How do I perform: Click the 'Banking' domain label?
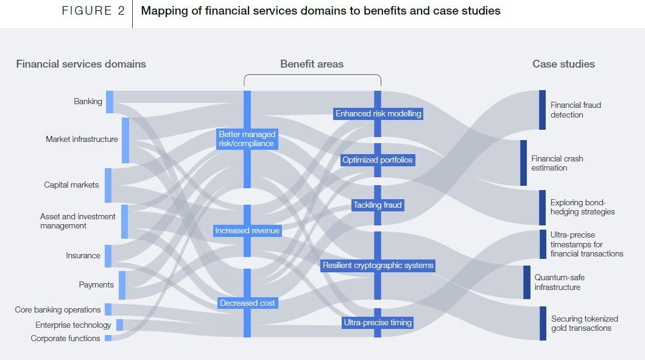click(88, 102)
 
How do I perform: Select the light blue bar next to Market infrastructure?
click(125, 140)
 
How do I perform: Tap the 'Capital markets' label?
click(71, 185)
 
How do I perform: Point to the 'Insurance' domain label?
click(83, 256)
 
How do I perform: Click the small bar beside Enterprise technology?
click(120, 325)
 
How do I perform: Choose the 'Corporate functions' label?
click(66, 339)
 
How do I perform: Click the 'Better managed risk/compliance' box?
click(247, 139)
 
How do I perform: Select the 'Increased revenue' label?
click(247, 231)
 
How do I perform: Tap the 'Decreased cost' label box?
click(247, 303)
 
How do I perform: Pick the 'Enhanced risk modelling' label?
click(378, 114)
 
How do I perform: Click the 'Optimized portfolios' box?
click(378, 160)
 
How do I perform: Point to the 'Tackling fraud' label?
click(378, 205)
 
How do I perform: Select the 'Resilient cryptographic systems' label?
click(378, 266)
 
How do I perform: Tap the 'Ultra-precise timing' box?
click(378, 323)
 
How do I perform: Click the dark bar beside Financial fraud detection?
click(542, 110)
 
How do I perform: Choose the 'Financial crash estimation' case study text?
click(557, 163)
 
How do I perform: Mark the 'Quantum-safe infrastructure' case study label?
click(560, 283)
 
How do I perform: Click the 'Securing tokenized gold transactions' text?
click(584, 323)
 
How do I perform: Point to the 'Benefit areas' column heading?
click(312, 64)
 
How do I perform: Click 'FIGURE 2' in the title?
click(93, 11)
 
